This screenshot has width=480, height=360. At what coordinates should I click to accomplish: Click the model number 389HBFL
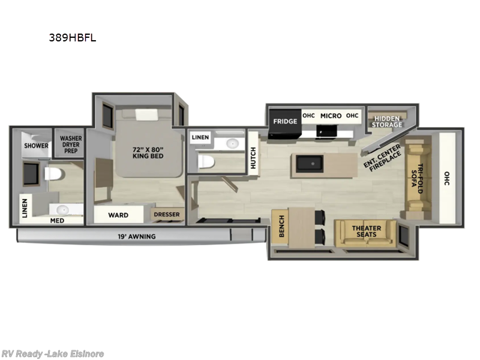(73, 38)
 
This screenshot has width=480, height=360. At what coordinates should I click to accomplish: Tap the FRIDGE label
(285, 122)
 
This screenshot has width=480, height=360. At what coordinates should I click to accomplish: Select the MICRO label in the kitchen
(331, 116)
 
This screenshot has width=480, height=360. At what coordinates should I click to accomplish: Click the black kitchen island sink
(309, 163)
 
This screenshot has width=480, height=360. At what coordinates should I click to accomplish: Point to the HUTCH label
(253, 158)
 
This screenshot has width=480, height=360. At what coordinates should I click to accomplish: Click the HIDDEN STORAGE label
(387, 122)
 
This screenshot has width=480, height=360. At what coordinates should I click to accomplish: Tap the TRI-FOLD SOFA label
(418, 178)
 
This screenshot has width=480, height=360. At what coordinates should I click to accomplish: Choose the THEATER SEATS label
(367, 232)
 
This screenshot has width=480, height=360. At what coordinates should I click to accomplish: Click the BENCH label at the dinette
(281, 226)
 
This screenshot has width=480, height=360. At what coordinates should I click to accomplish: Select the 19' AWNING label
(137, 236)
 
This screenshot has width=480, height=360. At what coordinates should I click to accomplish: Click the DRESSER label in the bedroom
(167, 215)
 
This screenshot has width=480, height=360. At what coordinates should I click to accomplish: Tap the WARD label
(118, 215)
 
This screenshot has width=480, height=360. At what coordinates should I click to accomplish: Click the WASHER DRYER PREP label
(71, 145)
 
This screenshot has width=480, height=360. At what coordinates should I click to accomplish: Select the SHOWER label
(36, 146)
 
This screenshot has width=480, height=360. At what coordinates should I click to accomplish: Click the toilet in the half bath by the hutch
(206, 162)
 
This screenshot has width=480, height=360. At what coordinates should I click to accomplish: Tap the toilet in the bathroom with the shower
(55, 174)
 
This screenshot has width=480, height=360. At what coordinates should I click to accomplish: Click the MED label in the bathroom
(57, 221)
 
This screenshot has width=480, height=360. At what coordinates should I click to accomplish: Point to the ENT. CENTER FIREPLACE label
(382, 158)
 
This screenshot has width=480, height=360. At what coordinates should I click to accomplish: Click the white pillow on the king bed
(146, 115)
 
